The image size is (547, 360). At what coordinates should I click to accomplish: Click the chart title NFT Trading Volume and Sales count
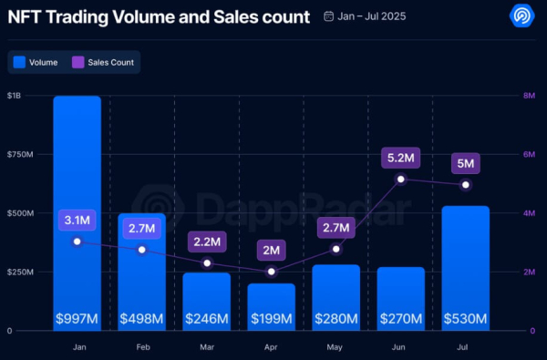click(157, 16)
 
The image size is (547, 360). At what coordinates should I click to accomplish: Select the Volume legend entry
click(36, 63)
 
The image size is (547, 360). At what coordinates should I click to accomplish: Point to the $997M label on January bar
click(77, 319)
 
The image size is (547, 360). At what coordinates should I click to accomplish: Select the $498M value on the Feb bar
click(142, 319)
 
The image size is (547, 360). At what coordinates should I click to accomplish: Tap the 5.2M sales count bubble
click(400, 158)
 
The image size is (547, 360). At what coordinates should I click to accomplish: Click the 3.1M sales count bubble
click(77, 220)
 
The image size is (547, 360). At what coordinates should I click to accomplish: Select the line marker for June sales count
click(400, 179)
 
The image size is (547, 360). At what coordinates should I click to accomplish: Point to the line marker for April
click(272, 272)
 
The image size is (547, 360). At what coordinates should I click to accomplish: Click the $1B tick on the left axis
click(16, 96)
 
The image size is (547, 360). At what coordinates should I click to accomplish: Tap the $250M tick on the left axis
click(20, 273)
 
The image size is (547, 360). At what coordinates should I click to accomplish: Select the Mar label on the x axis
click(207, 346)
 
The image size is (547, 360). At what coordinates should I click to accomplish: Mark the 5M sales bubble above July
click(466, 164)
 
